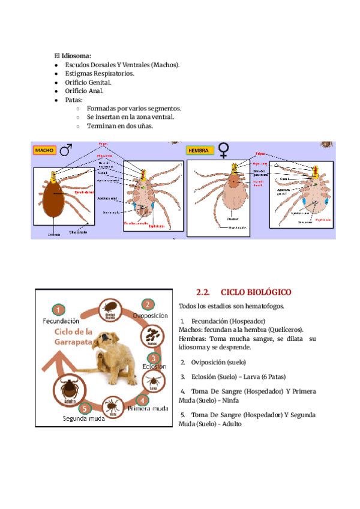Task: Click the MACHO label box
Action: click(x=45, y=149)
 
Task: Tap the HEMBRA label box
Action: click(x=199, y=150)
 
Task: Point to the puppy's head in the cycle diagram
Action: click(x=113, y=348)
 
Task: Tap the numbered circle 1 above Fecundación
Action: click(x=58, y=310)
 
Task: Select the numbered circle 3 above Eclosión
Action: click(x=153, y=358)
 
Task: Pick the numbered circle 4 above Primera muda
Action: click(x=142, y=399)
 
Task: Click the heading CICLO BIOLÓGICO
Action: click(x=256, y=292)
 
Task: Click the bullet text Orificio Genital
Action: click(x=88, y=82)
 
